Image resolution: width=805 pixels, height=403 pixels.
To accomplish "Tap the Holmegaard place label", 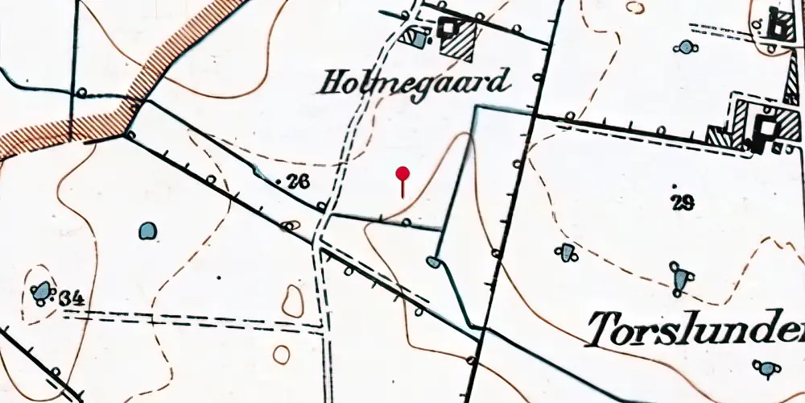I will click(x=416, y=82).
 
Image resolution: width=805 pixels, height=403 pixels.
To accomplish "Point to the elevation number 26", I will click(x=296, y=183).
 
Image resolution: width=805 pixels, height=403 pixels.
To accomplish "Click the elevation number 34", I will click(x=72, y=299).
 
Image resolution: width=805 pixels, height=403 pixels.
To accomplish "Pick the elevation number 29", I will click(x=683, y=201).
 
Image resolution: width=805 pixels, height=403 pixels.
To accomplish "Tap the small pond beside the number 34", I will click(x=41, y=292).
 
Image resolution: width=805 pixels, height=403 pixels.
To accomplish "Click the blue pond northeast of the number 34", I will click(x=147, y=231).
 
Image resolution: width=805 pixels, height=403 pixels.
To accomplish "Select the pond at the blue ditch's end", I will click(x=433, y=262).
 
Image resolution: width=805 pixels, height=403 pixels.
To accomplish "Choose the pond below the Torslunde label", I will click(x=766, y=368).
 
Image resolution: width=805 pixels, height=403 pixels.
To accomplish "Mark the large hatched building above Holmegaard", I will click(x=457, y=36).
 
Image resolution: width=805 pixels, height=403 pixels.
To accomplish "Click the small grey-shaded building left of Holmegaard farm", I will click(x=416, y=37).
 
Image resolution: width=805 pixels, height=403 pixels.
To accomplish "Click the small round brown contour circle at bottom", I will click(x=281, y=354).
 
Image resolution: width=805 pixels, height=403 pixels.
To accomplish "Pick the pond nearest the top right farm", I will click(x=686, y=47).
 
